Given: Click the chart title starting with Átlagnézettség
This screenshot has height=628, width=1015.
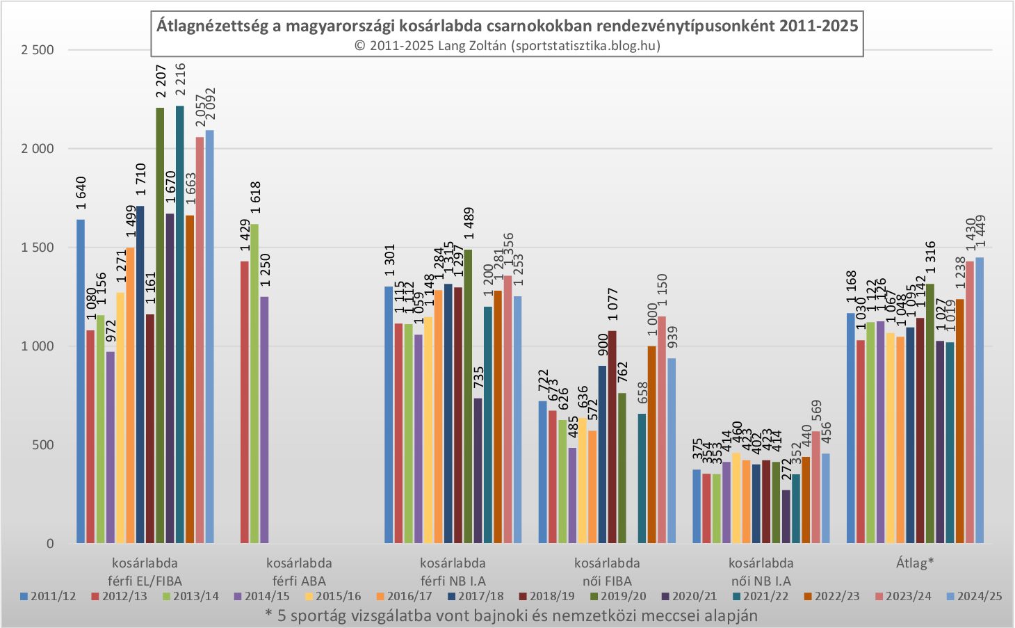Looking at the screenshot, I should pyautogui.click(x=507, y=26).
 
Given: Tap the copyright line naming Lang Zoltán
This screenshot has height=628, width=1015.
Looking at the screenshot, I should pyautogui.click(x=507, y=46).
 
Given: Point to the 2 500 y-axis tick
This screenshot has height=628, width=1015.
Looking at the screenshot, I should pyautogui.click(x=38, y=50).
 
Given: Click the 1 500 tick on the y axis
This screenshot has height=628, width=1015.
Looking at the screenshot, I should pyautogui.click(x=38, y=248).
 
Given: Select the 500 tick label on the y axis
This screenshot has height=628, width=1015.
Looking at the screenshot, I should pyautogui.click(x=43, y=445).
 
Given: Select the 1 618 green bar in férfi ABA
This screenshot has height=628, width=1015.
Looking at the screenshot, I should pyautogui.click(x=254, y=383).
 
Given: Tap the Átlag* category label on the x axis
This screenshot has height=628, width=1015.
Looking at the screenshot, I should pyautogui.click(x=915, y=563).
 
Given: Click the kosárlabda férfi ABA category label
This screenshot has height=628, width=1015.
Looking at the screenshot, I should pyautogui.click(x=299, y=572).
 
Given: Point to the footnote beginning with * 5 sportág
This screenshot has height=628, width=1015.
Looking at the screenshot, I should pyautogui.click(x=511, y=615).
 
